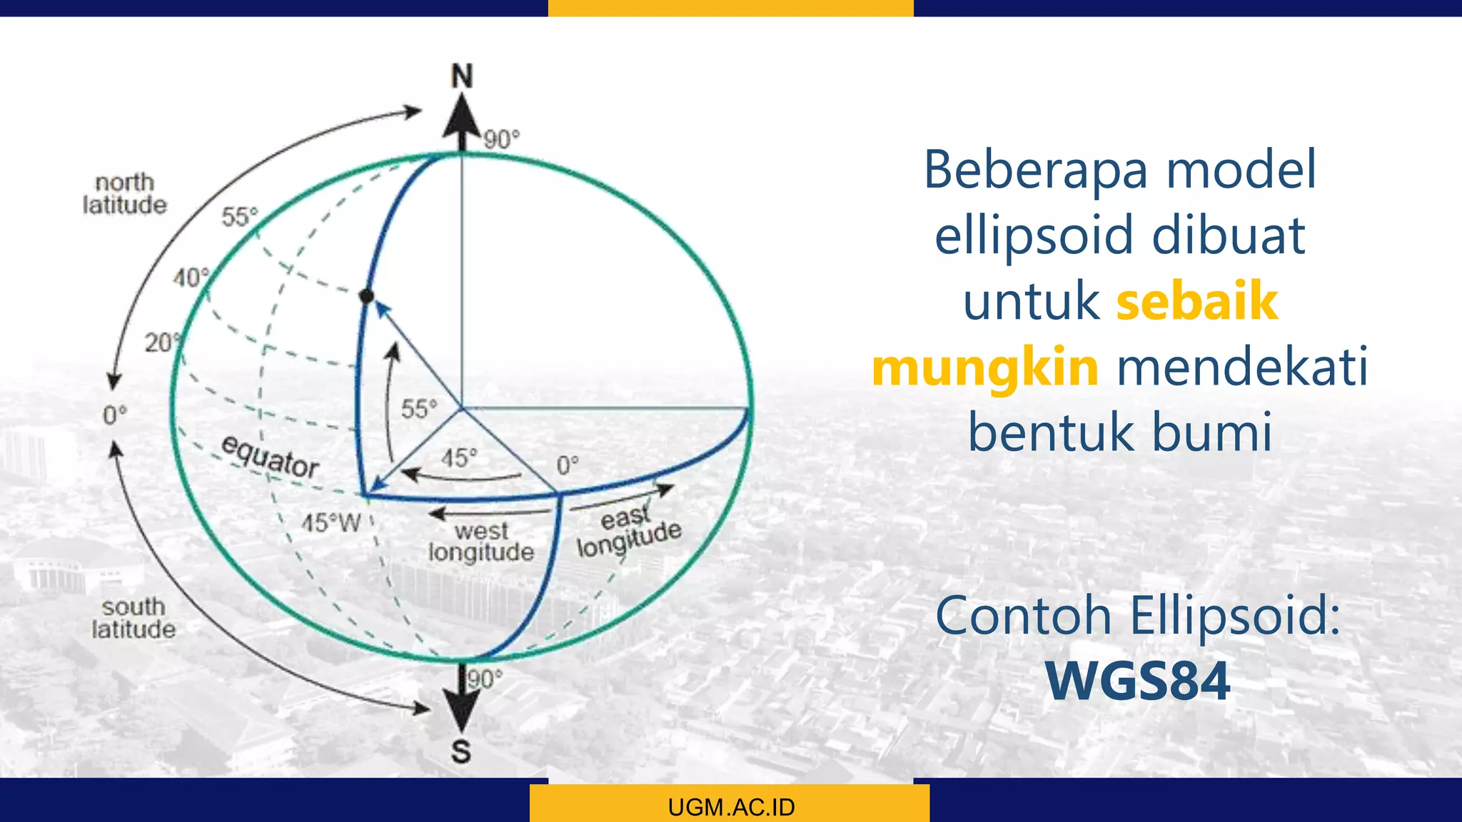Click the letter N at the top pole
(462, 76)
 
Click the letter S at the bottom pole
(461, 751)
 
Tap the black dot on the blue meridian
(366, 295)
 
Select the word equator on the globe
(270, 457)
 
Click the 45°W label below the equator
(331, 523)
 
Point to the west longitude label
(481, 542)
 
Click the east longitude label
(628, 532)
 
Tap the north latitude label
(124, 193)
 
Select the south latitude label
(133, 618)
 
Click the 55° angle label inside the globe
(419, 409)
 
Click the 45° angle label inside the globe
(458, 457)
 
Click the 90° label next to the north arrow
(502, 139)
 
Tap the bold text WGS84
(1138, 681)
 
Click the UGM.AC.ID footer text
(731, 807)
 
